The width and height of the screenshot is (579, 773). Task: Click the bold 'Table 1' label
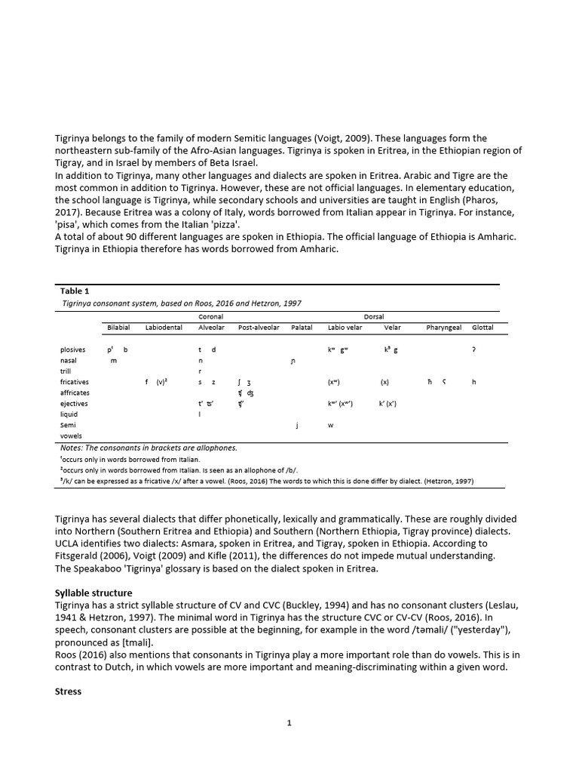[75, 291]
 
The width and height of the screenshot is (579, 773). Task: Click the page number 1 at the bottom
[289, 722]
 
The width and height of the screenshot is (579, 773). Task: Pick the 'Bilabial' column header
[118, 328]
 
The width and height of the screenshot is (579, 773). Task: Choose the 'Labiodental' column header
[164, 328]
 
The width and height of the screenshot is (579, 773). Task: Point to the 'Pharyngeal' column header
[443, 328]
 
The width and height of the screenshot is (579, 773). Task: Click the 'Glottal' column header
[482, 328]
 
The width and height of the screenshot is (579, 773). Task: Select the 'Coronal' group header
[210, 316]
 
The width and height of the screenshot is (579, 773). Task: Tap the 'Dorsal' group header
[374, 316]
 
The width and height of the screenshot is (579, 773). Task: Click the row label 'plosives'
[73, 350]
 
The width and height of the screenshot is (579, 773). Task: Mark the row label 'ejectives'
[74, 404]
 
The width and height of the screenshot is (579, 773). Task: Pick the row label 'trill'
[66, 371]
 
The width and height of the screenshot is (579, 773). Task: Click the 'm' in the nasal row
[114, 361]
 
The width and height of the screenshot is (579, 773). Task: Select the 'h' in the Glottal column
[473, 382]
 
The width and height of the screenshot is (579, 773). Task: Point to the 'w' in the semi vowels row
[330, 425]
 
